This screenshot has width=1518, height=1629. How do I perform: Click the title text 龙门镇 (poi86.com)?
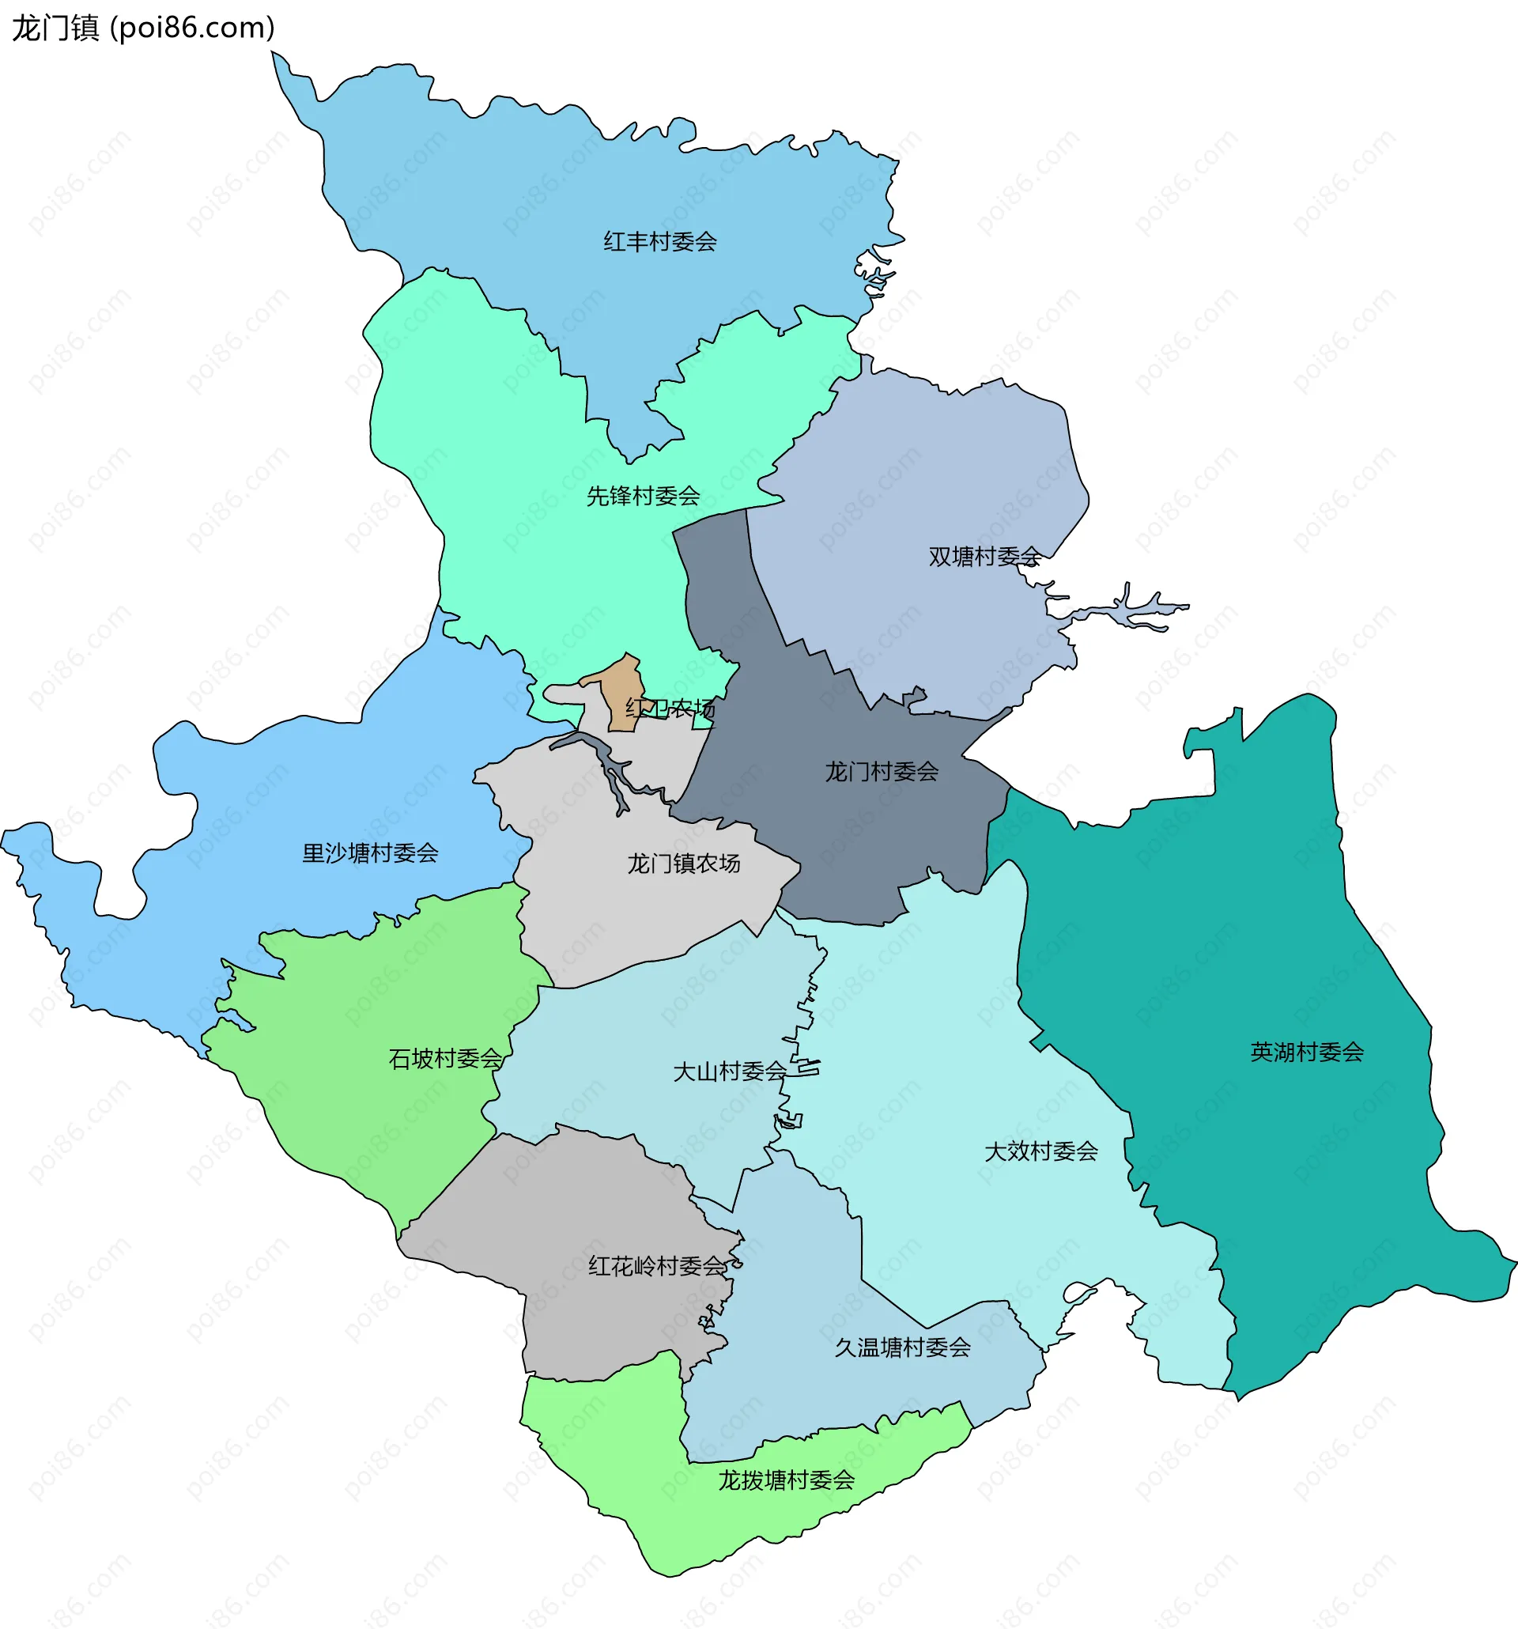pyautogui.click(x=143, y=28)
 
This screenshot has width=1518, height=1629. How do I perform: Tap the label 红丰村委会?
pyautogui.click(x=660, y=242)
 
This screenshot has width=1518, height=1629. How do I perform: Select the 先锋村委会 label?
pyautogui.click(x=643, y=496)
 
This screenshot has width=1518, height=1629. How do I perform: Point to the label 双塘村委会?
pyautogui.click(x=984, y=557)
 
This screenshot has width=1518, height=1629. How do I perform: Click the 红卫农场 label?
pyautogui.click(x=670, y=708)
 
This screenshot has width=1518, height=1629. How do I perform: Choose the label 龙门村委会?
pyautogui.click(x=882, y=772)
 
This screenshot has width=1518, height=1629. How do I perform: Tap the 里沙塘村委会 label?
pyautogui.click(x=370, y=854)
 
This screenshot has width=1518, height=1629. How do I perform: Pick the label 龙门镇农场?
pyautogui.click(x=684, y=864)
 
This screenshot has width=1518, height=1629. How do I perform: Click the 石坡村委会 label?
pyautogui.click(x=446, y=1060)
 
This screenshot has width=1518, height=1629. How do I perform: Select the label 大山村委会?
pyautogui.click(x=729, y=1072)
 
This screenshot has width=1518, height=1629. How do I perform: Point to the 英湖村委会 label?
pyautogui.click(x=1307, y=1053)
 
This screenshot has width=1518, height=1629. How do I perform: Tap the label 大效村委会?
pyautogui.click(x=1040, y=1152)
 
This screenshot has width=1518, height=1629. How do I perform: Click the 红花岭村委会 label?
pyautogui.click(x=658, y=1267)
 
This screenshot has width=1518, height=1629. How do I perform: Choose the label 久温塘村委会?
pyautogui.click(x=903, y=1348)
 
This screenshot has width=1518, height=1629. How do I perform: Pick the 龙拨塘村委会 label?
pyautogui.click(x=787, y=1480)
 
